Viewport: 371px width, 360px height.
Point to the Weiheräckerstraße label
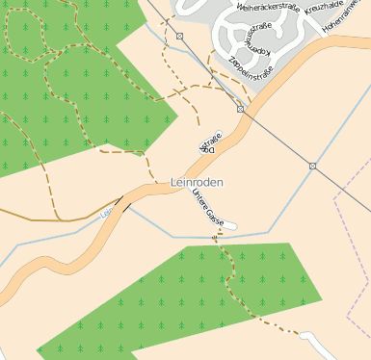[266, 8]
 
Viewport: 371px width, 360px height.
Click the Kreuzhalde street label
[325, 8]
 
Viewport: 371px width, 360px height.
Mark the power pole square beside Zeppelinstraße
[240, 110]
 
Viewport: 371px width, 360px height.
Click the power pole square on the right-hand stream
[313, 167]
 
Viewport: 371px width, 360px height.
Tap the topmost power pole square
[180, 36]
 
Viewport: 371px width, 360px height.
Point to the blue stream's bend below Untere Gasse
[173, 236]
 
